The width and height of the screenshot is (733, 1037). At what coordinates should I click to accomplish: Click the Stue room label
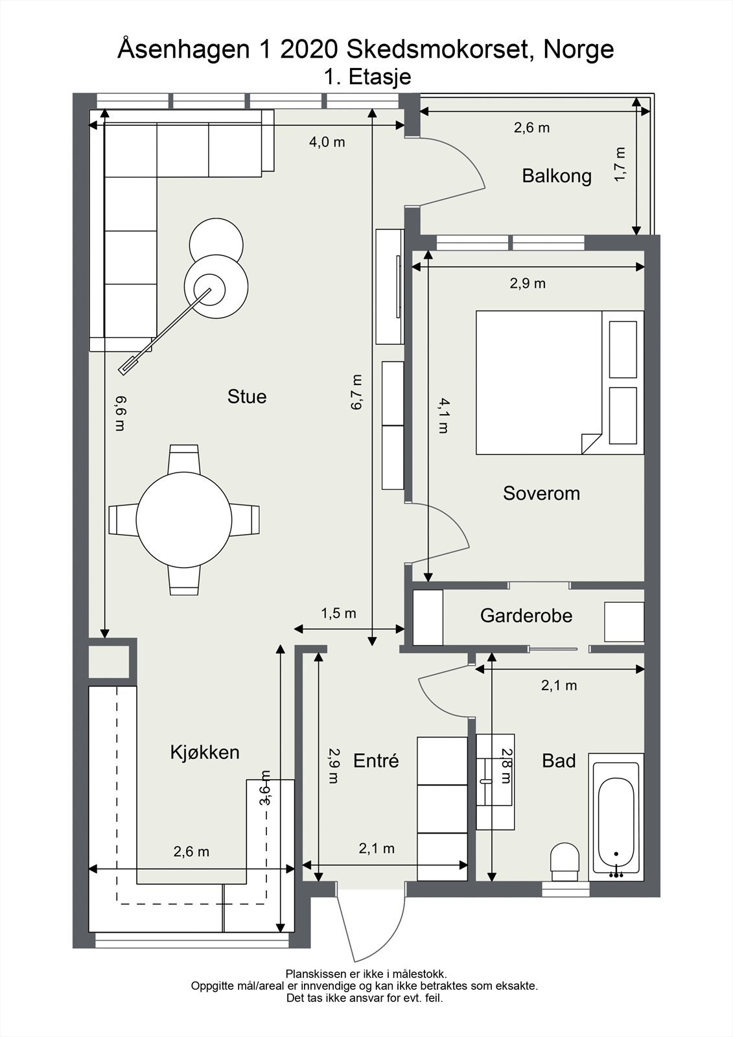click(247, 397)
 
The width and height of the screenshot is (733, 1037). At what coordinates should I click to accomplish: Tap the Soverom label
click(541, 493)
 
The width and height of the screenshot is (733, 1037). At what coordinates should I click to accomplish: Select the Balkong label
click(557, 176)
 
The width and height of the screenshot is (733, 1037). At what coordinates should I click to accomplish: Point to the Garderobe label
click(526, 616)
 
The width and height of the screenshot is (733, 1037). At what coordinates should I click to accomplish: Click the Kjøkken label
click(205, 752)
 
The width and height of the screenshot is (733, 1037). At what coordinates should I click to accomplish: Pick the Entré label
click(376, 761)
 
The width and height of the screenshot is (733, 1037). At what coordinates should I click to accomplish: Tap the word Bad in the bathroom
click(559, 761)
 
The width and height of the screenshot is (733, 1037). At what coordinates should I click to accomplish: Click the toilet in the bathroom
click(565, 862)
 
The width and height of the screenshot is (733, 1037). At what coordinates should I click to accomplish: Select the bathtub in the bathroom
click(616, 817)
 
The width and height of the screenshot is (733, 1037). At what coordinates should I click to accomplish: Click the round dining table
click(184, 520)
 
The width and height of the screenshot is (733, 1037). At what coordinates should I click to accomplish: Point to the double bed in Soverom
click(560, 382)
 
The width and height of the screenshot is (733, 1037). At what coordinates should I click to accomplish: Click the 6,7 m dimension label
click(357, 392)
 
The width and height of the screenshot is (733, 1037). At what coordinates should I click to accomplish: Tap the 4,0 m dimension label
click(327, 142)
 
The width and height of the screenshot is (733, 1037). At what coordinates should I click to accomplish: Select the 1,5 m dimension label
click(338, 613)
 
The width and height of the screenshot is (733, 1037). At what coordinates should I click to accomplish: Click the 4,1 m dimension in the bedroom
click(443, 415)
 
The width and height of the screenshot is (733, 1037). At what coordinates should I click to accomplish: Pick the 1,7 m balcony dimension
click(620, 165)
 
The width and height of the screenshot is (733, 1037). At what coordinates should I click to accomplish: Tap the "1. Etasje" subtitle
click(367, 77)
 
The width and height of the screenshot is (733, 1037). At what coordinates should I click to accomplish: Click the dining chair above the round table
click(184, 459)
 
